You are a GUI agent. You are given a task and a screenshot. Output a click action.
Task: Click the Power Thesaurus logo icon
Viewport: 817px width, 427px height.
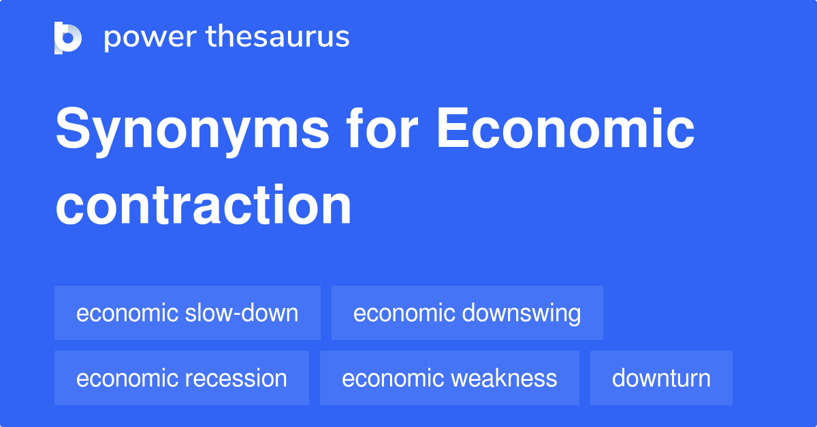(x=68, y=37)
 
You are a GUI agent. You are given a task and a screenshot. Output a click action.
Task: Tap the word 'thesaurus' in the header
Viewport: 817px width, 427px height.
(x=278, y=37)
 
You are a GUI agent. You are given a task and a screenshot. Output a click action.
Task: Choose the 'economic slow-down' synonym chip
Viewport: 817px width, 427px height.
(x=187, y=313)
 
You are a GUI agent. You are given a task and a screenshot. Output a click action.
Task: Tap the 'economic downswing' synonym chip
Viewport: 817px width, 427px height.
(x=467, y=313)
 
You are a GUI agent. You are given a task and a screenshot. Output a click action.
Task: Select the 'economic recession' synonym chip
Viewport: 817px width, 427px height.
(x=182, y=378)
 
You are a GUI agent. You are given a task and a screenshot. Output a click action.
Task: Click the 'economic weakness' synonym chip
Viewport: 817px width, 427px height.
(x=449, y=378)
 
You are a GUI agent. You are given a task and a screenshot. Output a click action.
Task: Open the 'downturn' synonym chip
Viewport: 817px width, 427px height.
(x=661, y=378)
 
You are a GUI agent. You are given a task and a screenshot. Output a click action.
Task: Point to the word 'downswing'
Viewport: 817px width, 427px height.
(x=522, y=313)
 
